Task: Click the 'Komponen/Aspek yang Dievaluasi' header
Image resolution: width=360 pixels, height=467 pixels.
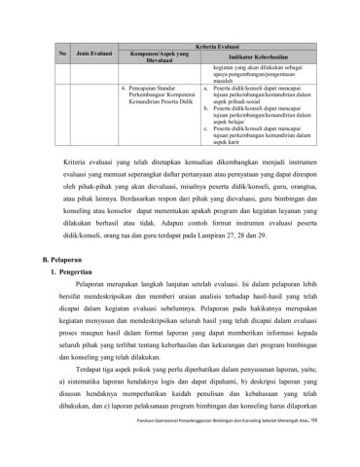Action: coord(159,54)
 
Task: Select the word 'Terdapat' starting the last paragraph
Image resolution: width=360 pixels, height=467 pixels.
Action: coord(111,385)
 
